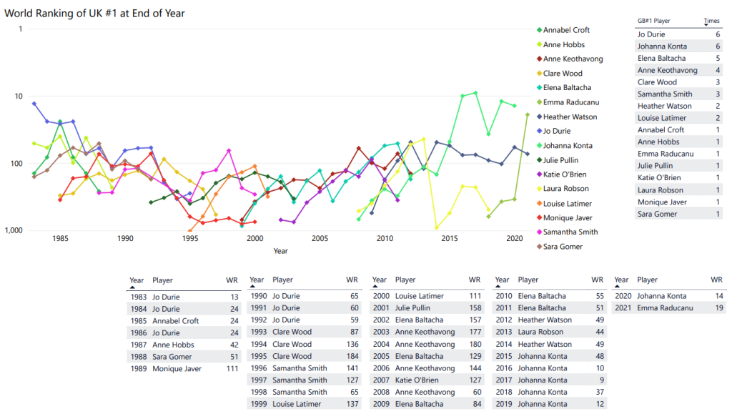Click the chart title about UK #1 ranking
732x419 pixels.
coord(100,14)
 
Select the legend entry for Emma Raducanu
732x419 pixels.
coord(570,102)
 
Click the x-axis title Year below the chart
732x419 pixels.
coord(280,251)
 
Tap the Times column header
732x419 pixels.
coord(711,21)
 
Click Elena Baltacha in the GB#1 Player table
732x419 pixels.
coord(661,58)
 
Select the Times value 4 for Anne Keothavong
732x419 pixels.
coord(717,70)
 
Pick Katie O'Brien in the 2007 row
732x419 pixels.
coord(416,380)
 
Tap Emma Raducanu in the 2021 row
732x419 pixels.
coord(664,307)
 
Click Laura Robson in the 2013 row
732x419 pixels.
coord(540,332)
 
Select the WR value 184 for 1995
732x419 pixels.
coord(352,356)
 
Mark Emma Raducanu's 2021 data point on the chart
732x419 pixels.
coord(528,114)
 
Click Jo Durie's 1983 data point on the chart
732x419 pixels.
coord(34,104)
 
